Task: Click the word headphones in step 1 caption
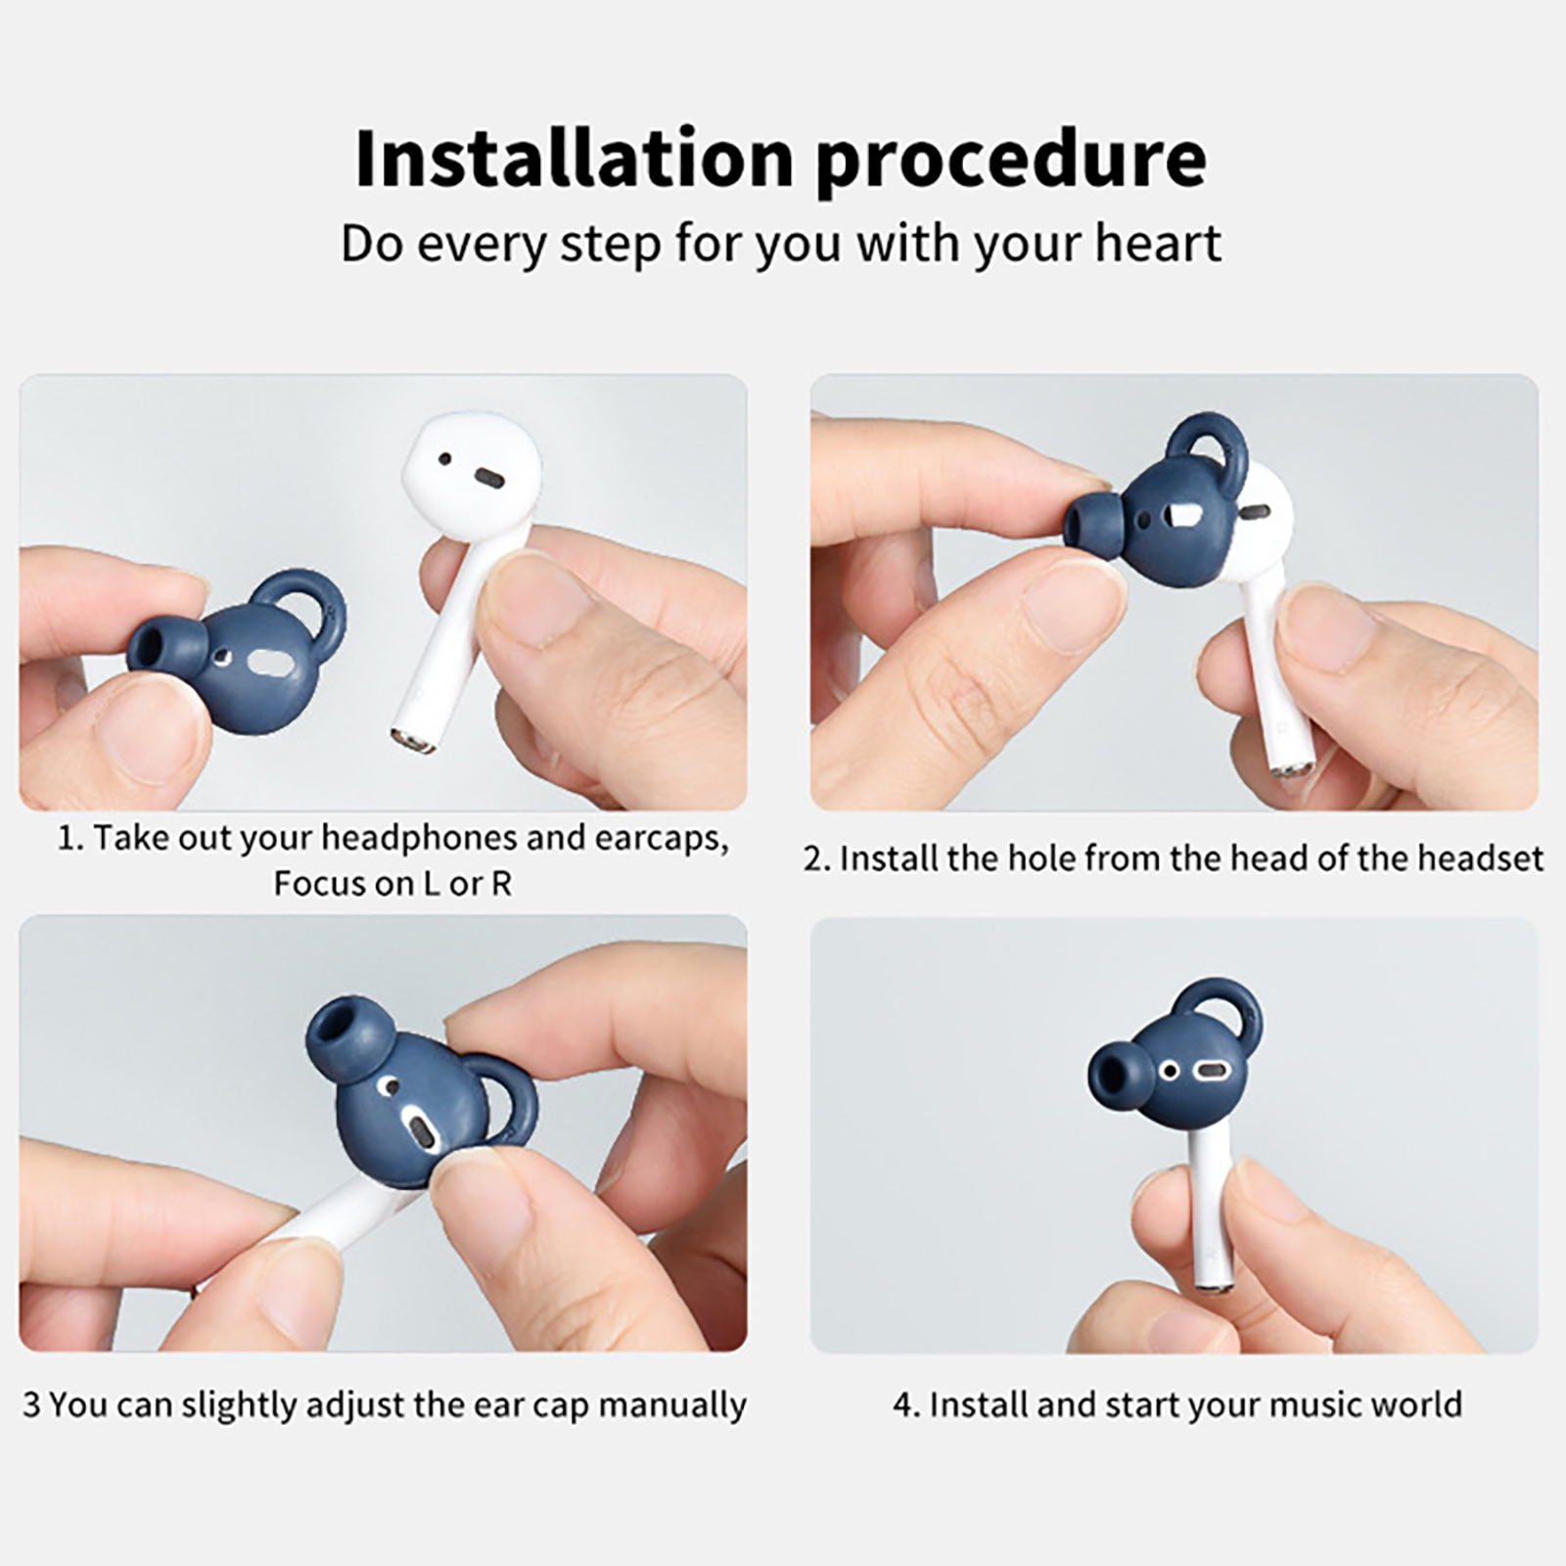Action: pyautogui.click(x=419, y=839)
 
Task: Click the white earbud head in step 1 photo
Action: pyautogui.click(x=470, y=480)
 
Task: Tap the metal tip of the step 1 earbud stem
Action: pyautogui.click(x=414, y=740)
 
